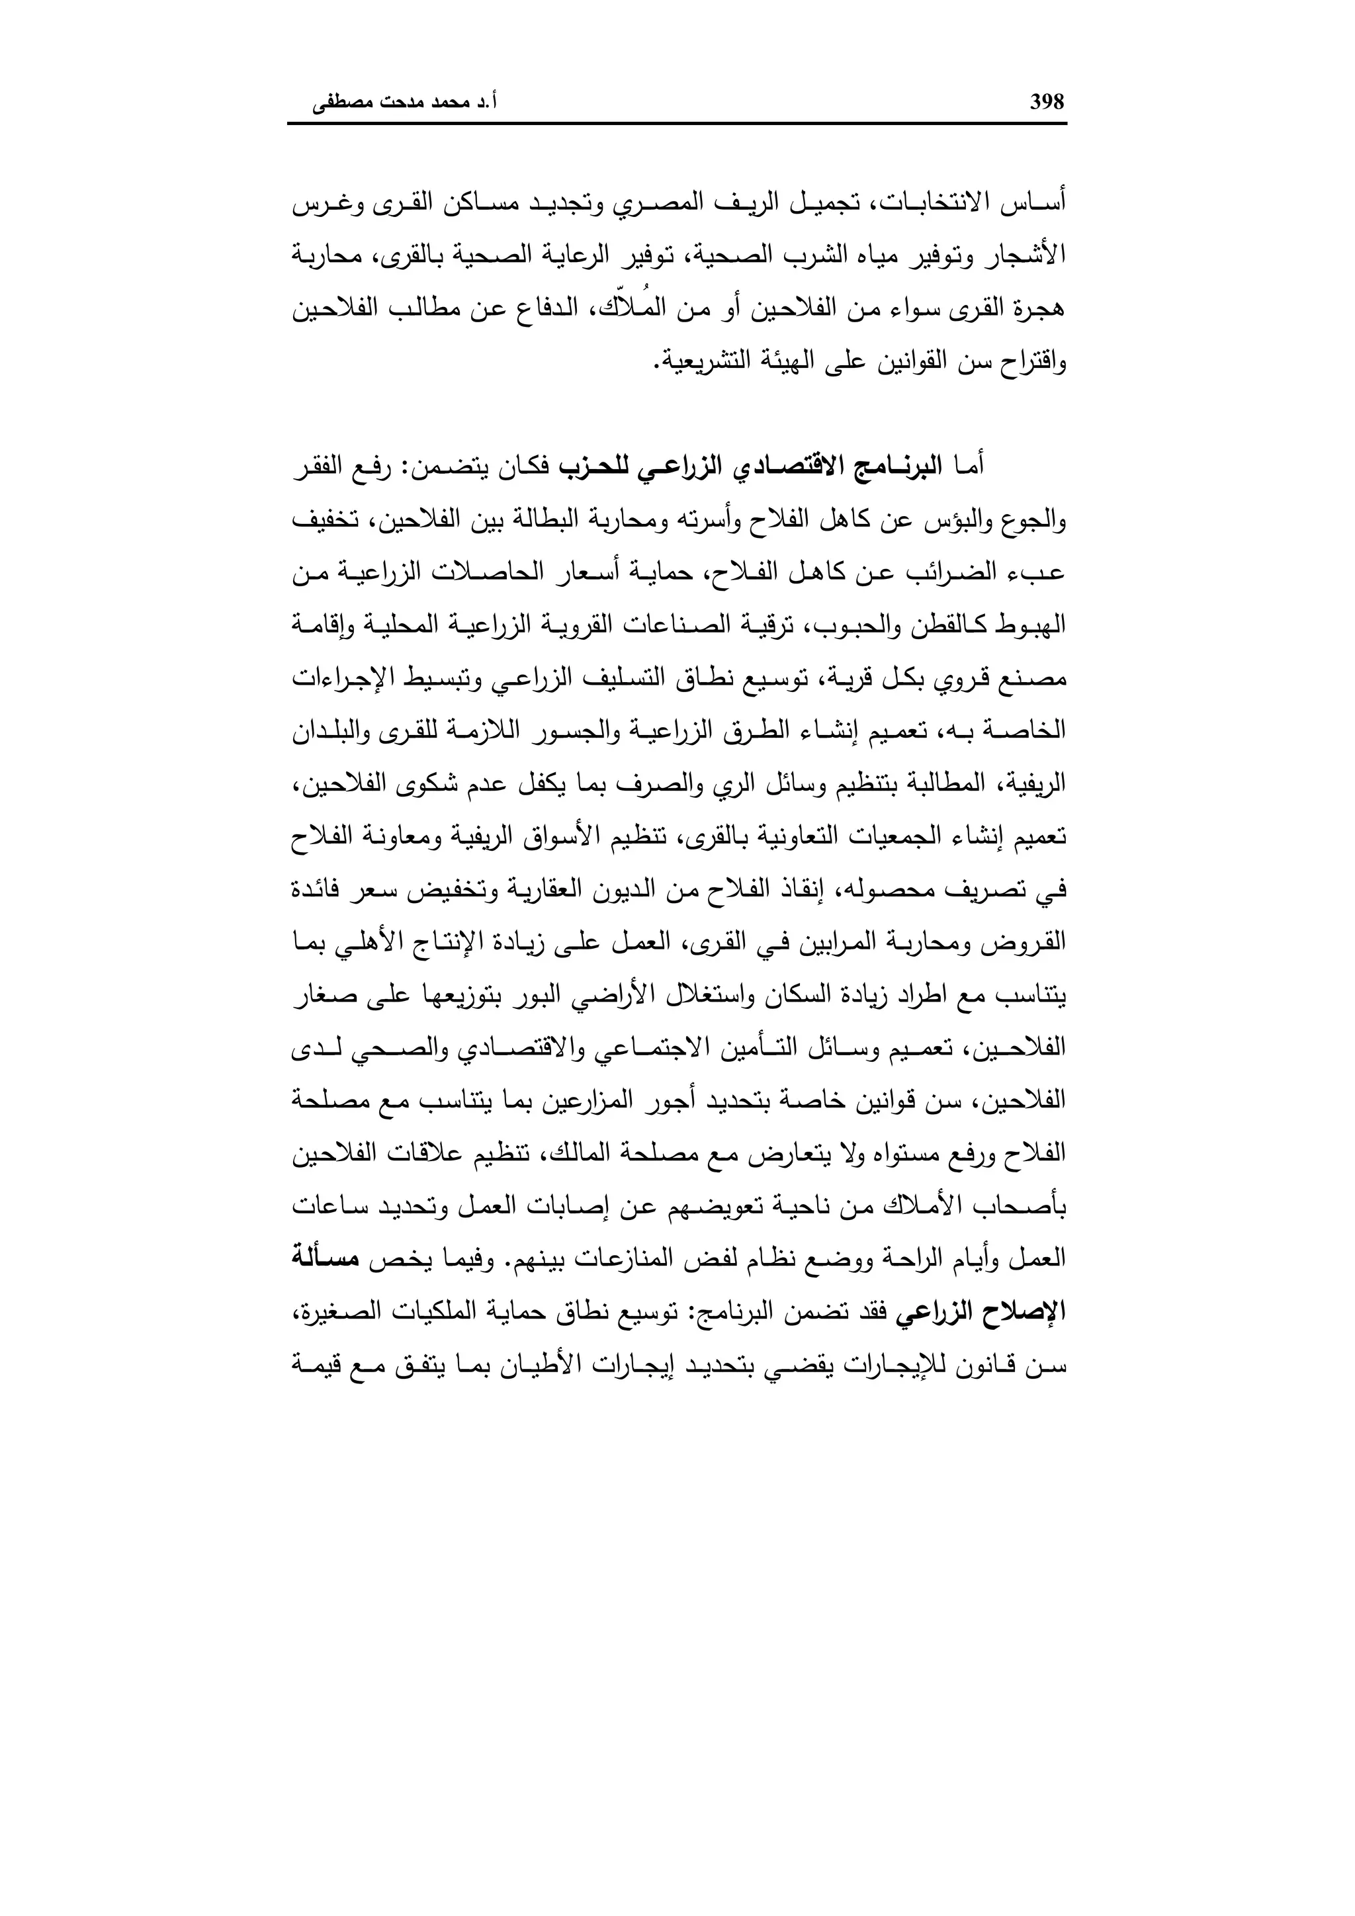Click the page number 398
1047,102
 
